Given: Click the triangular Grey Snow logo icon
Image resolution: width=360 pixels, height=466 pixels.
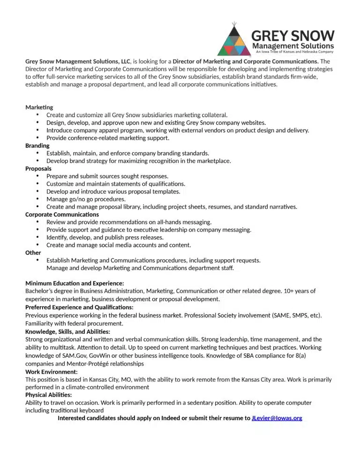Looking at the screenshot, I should (234, 41).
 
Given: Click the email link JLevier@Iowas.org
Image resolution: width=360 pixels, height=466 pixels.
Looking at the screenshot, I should (277, 418).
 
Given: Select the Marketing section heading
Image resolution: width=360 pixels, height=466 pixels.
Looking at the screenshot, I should (39, 107).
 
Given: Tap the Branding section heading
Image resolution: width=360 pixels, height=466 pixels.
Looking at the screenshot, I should (37, 146).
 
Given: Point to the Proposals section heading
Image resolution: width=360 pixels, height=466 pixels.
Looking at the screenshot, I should (38, 168).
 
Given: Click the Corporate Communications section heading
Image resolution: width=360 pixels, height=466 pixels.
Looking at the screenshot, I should (62, 214).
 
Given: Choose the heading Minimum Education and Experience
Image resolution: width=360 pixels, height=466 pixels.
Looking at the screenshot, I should (75, 283).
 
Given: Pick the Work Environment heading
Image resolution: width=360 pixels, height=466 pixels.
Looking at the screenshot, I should (52, 372).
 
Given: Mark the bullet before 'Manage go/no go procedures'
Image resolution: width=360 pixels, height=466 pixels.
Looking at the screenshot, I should (37, 199).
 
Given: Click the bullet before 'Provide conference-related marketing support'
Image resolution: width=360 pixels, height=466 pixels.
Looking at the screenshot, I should (37, 138).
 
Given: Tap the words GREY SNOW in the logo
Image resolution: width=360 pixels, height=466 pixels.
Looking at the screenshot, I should (293, 36).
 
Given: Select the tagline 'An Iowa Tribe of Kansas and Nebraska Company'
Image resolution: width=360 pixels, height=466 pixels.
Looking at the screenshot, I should (294, 52).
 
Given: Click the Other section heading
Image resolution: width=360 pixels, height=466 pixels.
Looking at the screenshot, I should (33, 253).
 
